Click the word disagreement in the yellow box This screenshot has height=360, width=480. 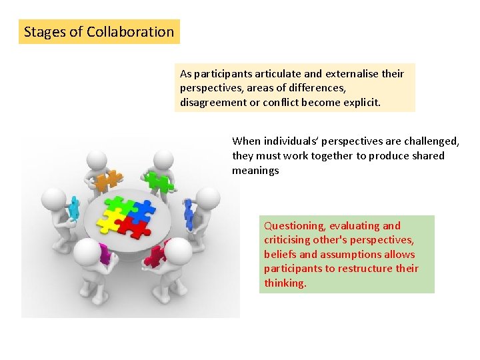[x=212, y=103]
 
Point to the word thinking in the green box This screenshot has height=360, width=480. [x=285, y=283]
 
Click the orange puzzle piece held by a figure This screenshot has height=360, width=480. [x=107, y=180]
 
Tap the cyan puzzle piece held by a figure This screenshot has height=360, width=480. [x=73, y=206]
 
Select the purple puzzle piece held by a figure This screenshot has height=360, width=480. [x=103, y=253]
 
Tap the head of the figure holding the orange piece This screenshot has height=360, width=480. [x=97, y=159]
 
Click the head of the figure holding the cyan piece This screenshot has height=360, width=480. [x=53, y=198]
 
